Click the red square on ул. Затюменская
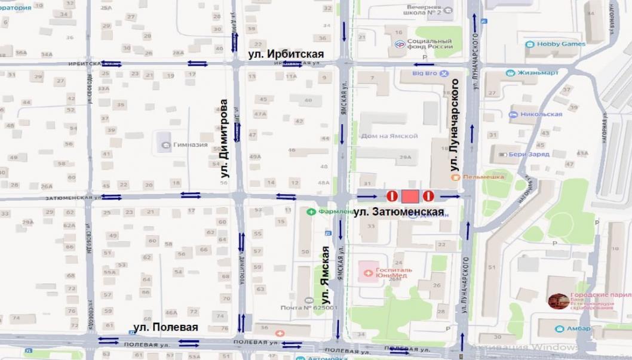coord(410,196)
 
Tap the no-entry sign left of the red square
coord(392,196)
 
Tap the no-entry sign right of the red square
coord(428,196)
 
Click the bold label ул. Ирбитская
coord(286,54)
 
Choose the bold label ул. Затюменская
coord(398,212)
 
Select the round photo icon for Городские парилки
coord(558,301)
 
